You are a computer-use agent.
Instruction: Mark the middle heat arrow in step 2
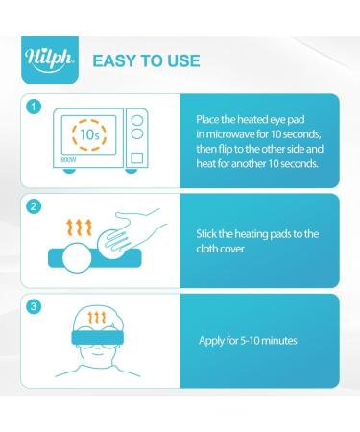click(80, 226)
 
